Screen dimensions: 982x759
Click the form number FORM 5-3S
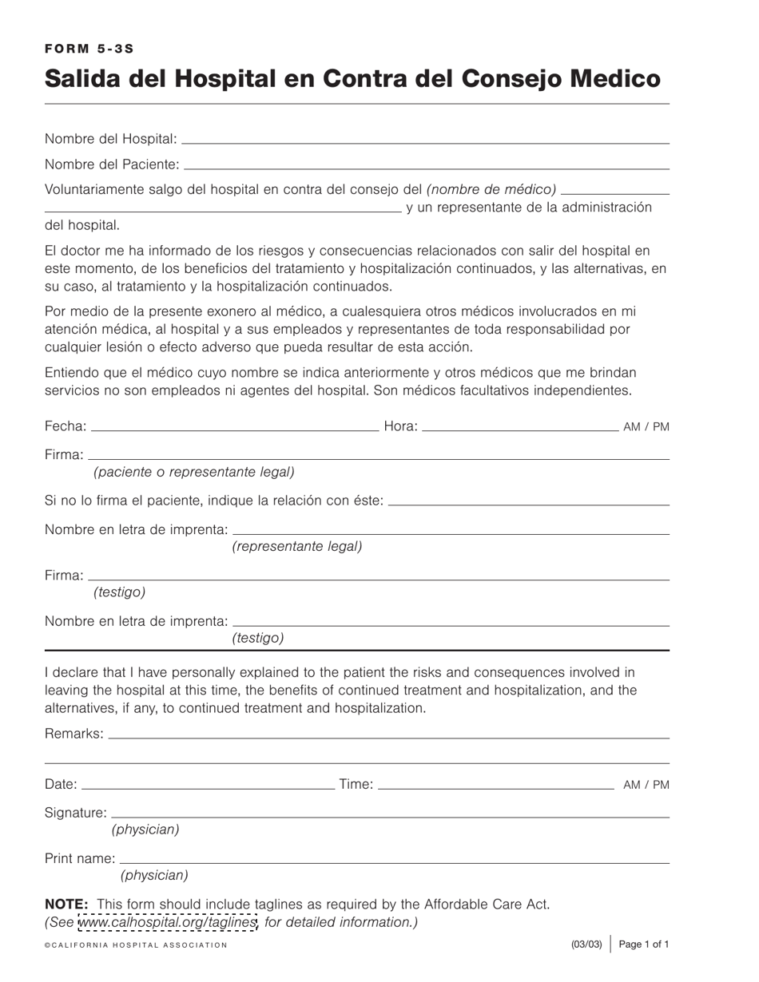point(89,49)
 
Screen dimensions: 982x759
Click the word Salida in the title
point(77,78)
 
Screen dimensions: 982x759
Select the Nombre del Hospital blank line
point(425,141)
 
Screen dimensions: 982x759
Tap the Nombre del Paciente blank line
point(426,166)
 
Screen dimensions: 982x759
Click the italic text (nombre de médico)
point(491,189)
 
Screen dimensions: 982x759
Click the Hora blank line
point(519,428)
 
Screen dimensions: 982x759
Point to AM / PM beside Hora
point(646,427)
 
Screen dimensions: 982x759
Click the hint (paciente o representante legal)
point(194,472)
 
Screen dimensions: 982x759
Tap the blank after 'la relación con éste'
point(528,502)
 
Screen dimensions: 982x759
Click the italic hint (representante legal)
point(297,547)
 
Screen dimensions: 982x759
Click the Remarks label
point(74,734)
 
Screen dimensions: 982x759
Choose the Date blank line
point(208,786)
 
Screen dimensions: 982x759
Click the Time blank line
point(495,786)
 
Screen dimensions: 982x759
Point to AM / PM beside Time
point(646,785)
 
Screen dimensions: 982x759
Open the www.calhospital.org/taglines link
point(168,923)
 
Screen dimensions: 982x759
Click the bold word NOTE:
point(66,905)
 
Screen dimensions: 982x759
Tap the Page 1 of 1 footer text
point(644,944)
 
